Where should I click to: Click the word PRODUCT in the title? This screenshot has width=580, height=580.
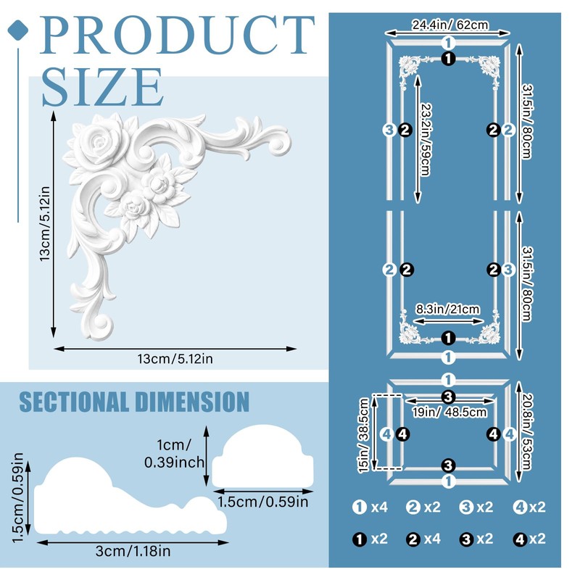click(177, 36)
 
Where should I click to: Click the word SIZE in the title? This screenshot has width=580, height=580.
click(102, 87)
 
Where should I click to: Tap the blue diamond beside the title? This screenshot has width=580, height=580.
click(17, 30)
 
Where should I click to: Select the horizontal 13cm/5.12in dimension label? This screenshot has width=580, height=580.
click(175, 359)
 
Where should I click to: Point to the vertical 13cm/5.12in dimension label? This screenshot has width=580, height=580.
click(45, 224)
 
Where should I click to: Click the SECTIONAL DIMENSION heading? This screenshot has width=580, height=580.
click(134, 402)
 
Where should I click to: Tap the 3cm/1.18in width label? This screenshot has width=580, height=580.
click(133, 552)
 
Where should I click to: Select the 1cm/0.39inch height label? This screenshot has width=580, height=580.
click(174, 454)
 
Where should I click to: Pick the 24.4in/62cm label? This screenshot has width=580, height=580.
click(450, 25)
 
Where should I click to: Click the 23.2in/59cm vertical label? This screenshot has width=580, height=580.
click(426, 139)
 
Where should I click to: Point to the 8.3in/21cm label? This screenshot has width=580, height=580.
click(447, 309)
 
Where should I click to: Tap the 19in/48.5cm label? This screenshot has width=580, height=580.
click(449, 412)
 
